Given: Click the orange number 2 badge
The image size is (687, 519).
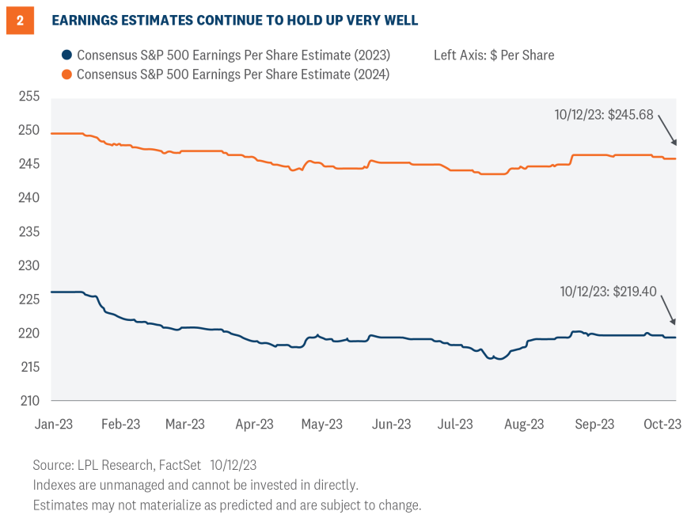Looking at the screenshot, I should pyautogui.click(x=21, y=21).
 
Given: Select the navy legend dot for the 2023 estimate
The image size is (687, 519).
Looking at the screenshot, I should pyautogui.click(x=67, y=55).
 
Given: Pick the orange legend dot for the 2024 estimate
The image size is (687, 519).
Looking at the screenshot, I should pyautogui.click(x=67, y=74).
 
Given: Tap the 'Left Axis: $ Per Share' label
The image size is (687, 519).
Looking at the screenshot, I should pyautogui.click(x=494, y=55).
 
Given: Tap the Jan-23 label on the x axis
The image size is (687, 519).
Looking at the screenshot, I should pyautogui.click(x=54, y=424).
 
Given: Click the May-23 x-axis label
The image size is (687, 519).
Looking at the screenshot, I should pyautogui.click(x=322, y=424).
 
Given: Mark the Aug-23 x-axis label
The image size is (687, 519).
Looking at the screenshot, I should pyautogui.click(x=525, y=424).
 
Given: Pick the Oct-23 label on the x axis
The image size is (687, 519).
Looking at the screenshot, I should pyautogui.click(x=661, y=424).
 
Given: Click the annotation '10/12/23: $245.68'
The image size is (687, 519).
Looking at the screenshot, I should pyautogui.click(x=604, y=115).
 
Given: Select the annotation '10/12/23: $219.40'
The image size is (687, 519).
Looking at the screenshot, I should pyautogui.click(x=607, y=292).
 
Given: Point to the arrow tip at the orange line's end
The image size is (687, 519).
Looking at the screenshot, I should pyautogui.click(x=675, y=144).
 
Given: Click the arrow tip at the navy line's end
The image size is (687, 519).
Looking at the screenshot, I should pyautogui.click(x=675, y=323).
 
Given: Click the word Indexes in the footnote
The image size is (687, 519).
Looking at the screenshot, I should pyautogui.click(x=55, y=484).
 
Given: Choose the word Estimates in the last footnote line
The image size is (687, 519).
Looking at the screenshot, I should pyautogui.click(x=62, y=504).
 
